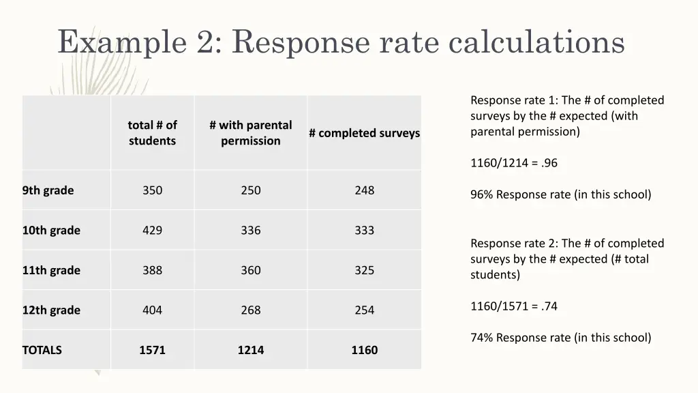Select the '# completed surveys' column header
[364, 133]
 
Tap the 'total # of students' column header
[152, 133]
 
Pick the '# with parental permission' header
[250, 133]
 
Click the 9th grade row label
[48, 190]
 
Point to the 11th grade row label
[51, 270]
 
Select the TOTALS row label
[42, 350]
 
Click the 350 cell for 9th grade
[152, 190]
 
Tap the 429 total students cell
[152, 231]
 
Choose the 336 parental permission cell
[250, 231]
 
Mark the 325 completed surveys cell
[364, 270]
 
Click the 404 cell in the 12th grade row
[152, 310]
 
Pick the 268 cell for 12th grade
[250, 310]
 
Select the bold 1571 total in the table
[152, 350]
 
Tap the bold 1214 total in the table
[250, 350]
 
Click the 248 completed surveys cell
[364, 190]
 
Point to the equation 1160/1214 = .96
[514, 163]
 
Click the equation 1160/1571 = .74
[514, 306]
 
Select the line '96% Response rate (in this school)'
[560, 194]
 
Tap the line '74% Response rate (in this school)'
[560, 338]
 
